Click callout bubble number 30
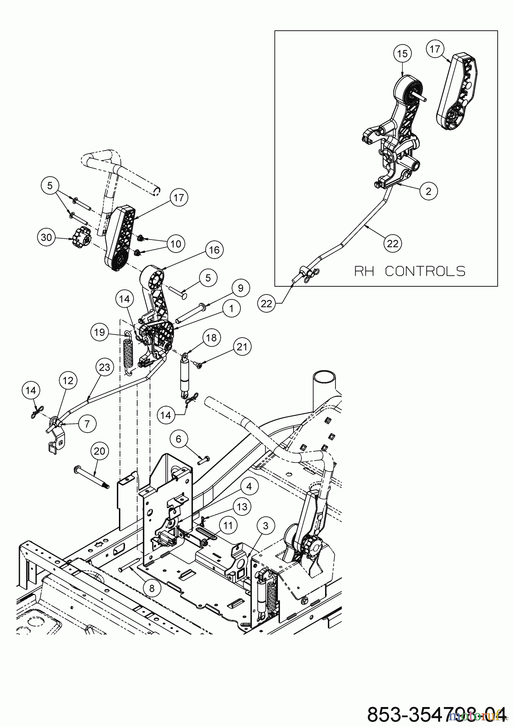[x=47, y=238]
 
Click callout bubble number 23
[x=104, y=367]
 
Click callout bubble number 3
[x=265, y=526]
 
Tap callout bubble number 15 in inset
[x=403, y=54]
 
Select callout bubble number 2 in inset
[x=428, y=191]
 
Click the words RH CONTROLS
[x=410, y=271]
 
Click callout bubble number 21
[x=242, y=347]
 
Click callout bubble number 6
[x=179, y=439]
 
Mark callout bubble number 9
[x=240, y=288]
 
